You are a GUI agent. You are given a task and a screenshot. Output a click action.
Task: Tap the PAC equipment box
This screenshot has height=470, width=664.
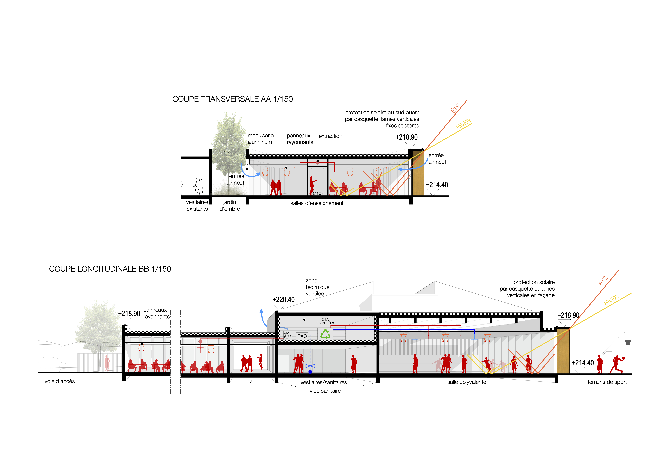click(x=302, y=336)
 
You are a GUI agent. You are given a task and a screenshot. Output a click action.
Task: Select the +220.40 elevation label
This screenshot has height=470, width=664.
click(x=284, y=300)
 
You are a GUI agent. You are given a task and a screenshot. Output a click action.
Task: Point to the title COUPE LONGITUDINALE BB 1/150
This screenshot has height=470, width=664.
click(x=110, y=269)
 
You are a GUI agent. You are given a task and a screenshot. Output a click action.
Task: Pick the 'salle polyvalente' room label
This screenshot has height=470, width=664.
click(x=466, y=382)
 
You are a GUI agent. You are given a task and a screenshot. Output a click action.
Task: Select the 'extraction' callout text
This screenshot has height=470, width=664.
click(x=330, y=136)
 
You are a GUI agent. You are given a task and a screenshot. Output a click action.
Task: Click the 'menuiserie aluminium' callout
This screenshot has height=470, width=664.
click(x=260, y=139)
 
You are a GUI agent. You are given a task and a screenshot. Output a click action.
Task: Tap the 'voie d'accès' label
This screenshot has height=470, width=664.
click(x=60, y=381)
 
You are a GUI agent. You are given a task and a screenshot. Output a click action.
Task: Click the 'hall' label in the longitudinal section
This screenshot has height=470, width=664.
click(x=250, y=381)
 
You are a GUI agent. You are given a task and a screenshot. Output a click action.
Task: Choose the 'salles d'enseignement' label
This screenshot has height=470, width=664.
click(x=317, y=203)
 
